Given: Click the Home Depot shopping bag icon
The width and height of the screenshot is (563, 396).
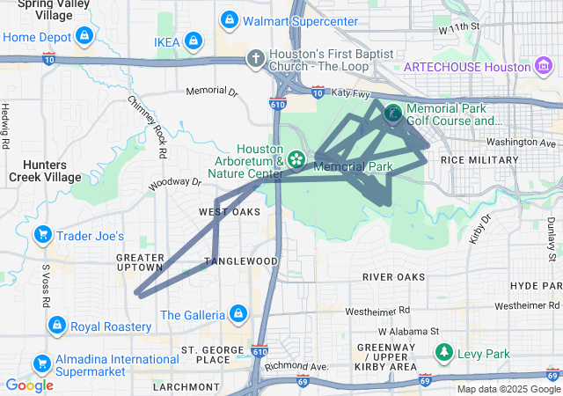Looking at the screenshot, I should coord(84,36).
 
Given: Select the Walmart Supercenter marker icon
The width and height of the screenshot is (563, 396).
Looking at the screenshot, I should coord(229,19).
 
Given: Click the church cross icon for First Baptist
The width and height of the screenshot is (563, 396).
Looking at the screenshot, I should coord(255,60).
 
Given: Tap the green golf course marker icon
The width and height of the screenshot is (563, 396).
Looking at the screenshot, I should coord(391,113).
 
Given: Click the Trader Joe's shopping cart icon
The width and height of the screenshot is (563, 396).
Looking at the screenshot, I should coord(41,235).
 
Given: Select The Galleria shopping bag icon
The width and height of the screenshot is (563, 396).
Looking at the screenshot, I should coord(238,313).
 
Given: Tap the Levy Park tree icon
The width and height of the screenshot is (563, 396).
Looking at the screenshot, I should coord(445,353).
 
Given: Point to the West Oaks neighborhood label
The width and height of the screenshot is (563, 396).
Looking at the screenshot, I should coord(230,212).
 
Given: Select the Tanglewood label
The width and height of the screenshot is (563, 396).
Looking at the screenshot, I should coord(242,261).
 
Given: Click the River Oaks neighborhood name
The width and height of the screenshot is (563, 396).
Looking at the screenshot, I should coord(393,276).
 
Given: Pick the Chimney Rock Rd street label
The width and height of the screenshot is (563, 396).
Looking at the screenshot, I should coord(148,127).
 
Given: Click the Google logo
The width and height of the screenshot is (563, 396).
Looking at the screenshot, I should coord(29,385).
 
